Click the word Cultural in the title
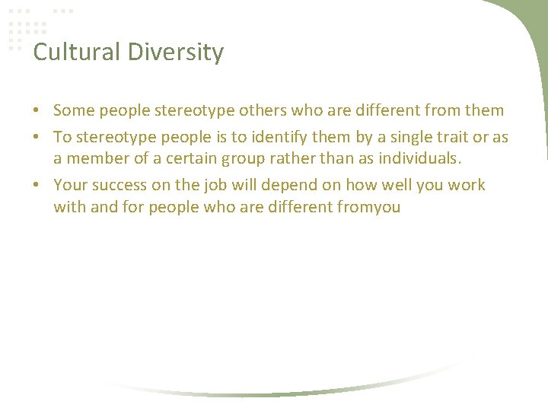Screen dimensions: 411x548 point(66,53)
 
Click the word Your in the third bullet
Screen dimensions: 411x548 point(70,185)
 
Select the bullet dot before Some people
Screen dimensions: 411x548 point(37,111)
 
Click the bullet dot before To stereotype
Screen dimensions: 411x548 point(37,138)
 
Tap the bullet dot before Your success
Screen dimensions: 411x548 point(37,186)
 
